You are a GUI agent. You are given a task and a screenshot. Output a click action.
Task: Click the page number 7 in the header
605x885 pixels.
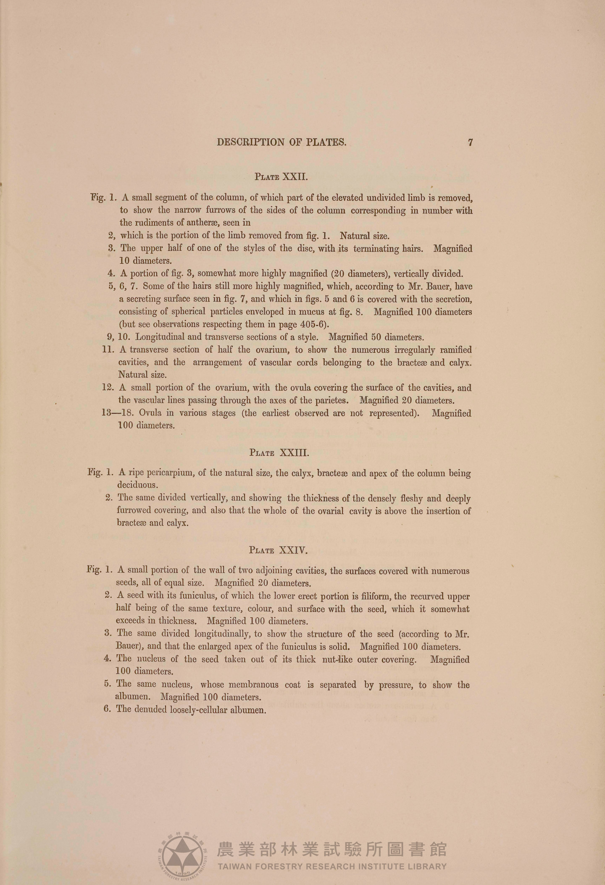(471, 142)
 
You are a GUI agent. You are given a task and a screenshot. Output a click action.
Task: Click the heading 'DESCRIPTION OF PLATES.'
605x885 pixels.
(281, 142)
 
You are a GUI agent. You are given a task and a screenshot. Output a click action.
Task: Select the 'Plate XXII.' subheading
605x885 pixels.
(281, 177)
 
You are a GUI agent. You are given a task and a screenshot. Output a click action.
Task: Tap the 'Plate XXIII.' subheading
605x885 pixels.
(279, 453)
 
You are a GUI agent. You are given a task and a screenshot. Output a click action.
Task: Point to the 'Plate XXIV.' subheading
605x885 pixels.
(279, 550)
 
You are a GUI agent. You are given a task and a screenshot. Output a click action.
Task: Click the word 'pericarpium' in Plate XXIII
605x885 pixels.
(166, 473)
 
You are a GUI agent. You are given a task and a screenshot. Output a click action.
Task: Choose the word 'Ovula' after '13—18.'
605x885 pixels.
(150, 413)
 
